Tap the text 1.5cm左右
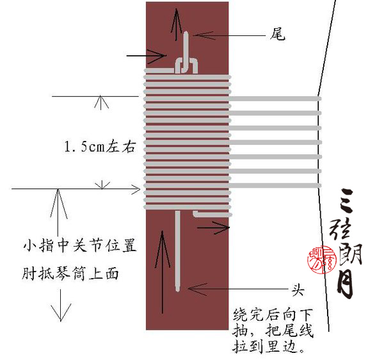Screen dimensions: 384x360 coord(100,147)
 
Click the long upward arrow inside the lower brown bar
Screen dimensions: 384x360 coord(160,269)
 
